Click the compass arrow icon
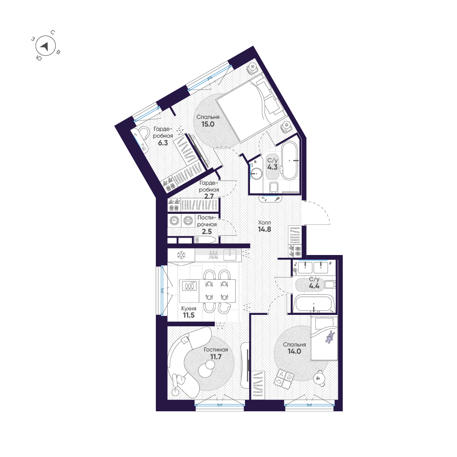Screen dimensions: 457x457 pos(44,46)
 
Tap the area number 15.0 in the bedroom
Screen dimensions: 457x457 pos(206,124)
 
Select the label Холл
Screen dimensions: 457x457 pos(265,222)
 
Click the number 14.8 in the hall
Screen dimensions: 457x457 pos(265,229)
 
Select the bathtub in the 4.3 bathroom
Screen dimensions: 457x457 pos(289,161)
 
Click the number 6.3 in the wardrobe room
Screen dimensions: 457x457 pos(163,143)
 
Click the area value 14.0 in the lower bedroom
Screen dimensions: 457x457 pos(294,352)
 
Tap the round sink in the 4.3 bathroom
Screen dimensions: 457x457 pos(256,173)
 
